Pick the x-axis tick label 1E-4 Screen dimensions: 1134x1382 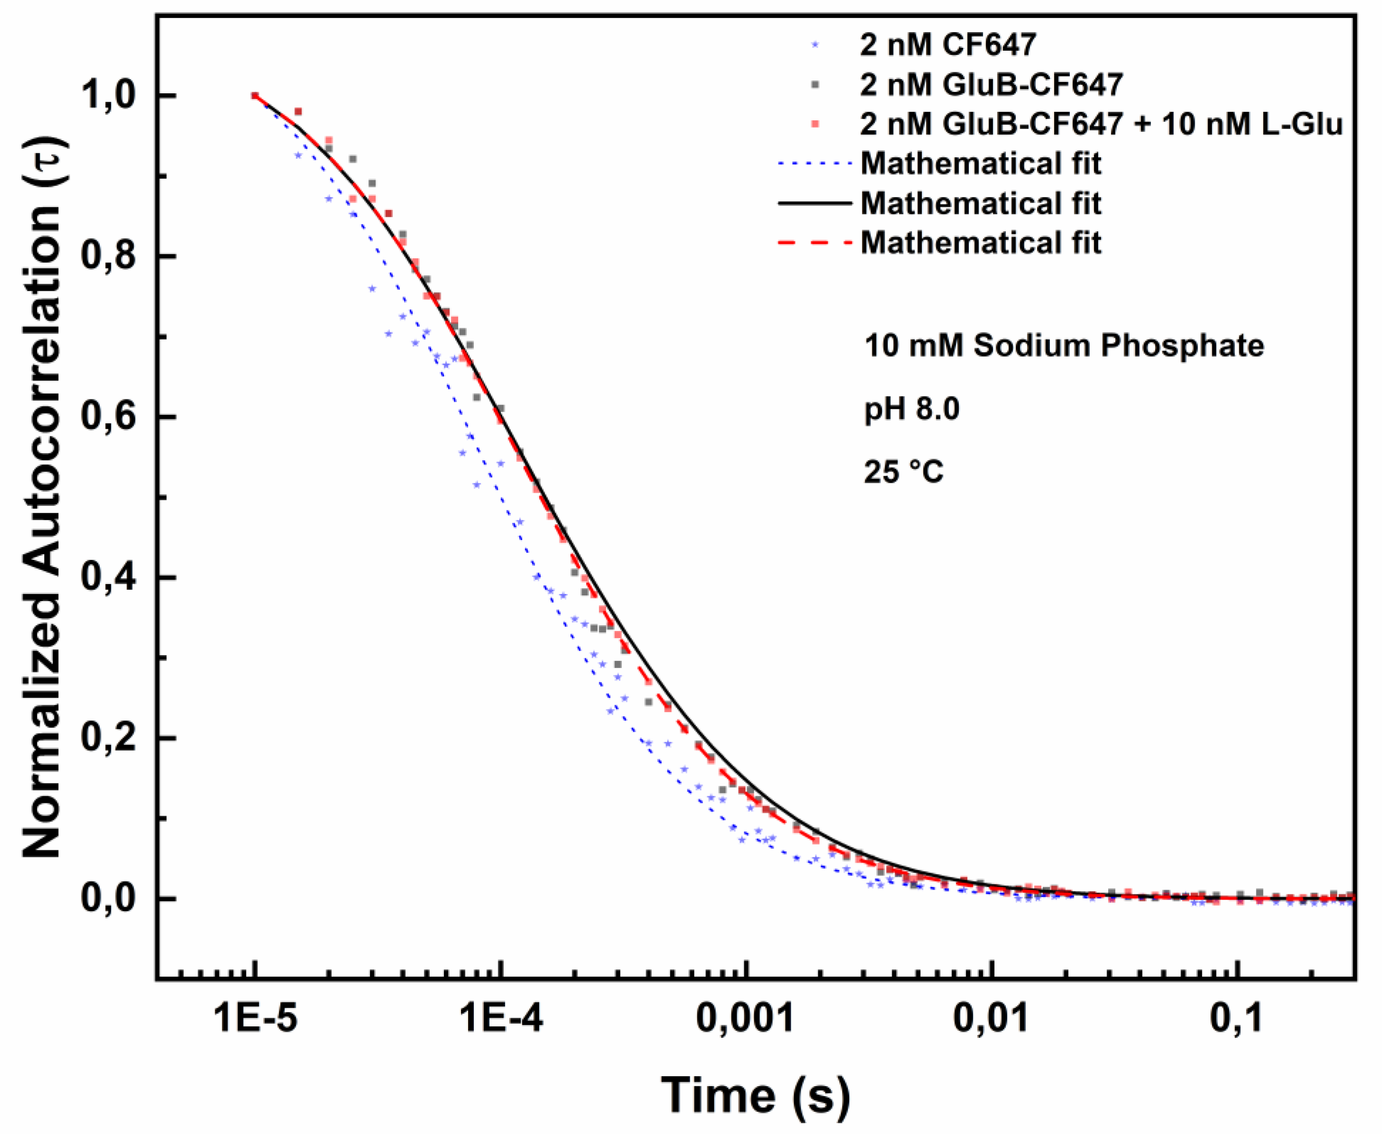point(501,1018)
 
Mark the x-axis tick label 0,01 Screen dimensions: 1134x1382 point(991,1018)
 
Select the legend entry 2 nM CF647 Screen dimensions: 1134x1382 point(948,45)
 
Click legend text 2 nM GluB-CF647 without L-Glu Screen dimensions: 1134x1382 point(991,84)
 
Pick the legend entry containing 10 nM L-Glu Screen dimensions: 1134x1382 point(1101,124)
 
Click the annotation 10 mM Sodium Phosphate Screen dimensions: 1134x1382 point(1064,346)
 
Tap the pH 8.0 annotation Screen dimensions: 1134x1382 point(912,410)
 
